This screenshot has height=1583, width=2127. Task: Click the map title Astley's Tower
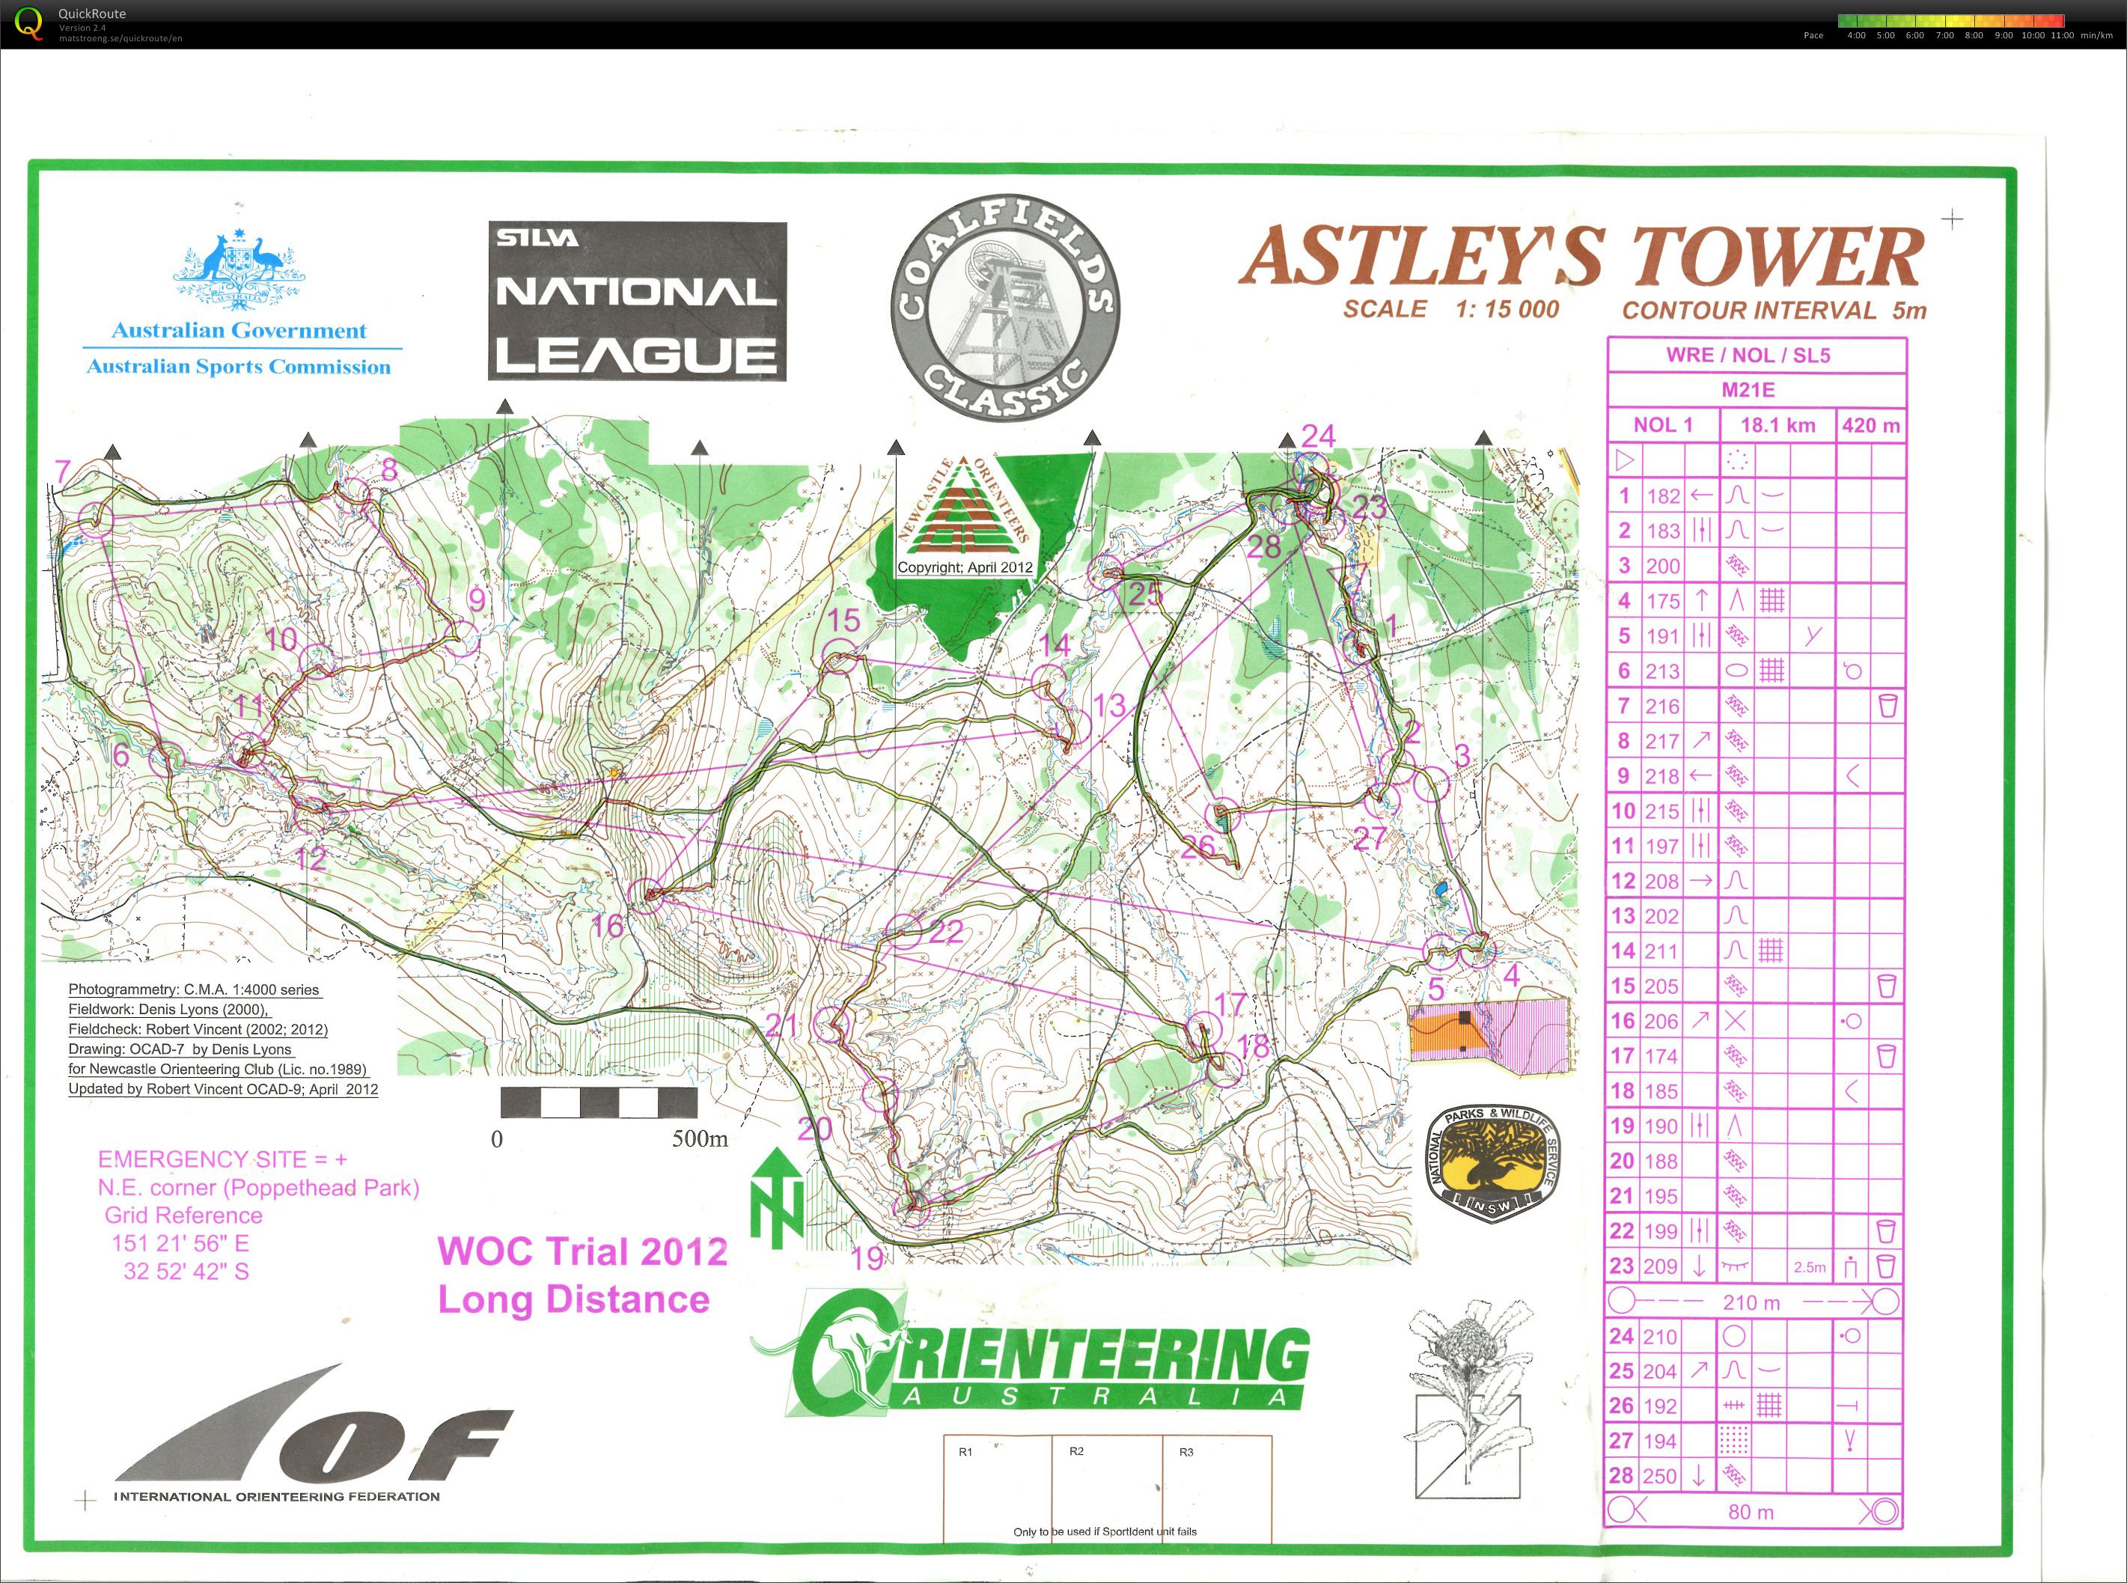pyautogui.click(x=1580, y=257)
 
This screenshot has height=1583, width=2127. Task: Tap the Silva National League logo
pyautogui.click(x=637, y=301)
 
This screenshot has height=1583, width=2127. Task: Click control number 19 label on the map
pyautogui.click(x=867, y=1257)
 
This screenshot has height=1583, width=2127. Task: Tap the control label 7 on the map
pyautogui.click(x=63, y=472)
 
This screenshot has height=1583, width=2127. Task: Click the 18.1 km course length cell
pyautogui.click(x=1777, y=425)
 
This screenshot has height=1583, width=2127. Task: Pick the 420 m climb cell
pyautogui.click(x=1870, y=425)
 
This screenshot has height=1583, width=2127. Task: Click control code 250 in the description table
pyautogui.click(x=1662, y=1477)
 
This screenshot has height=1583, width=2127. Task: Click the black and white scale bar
pyautogui.click(x=599, y=1103)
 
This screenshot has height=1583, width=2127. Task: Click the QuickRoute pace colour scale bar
pyautogui.click(x=1950, y=20)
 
